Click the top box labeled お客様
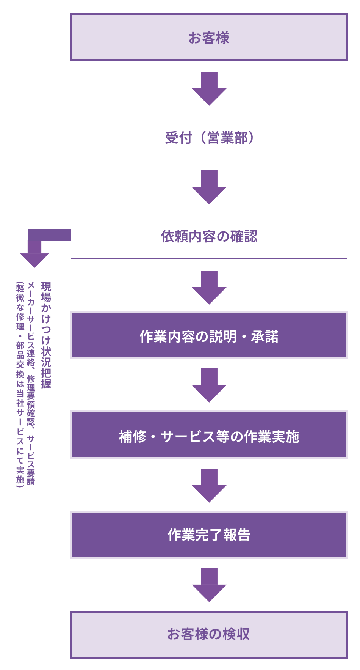209,37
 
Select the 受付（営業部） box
209,136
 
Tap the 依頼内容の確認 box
209,236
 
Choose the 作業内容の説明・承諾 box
209,335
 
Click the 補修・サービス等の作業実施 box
209,435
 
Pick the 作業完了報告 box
209,535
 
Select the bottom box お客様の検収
209,634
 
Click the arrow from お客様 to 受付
209,89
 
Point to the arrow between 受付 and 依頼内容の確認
209,187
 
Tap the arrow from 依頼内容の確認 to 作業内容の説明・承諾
209,288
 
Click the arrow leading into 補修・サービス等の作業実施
209,385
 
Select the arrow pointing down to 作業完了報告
209,486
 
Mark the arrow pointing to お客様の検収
209,585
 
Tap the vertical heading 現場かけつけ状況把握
46,335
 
